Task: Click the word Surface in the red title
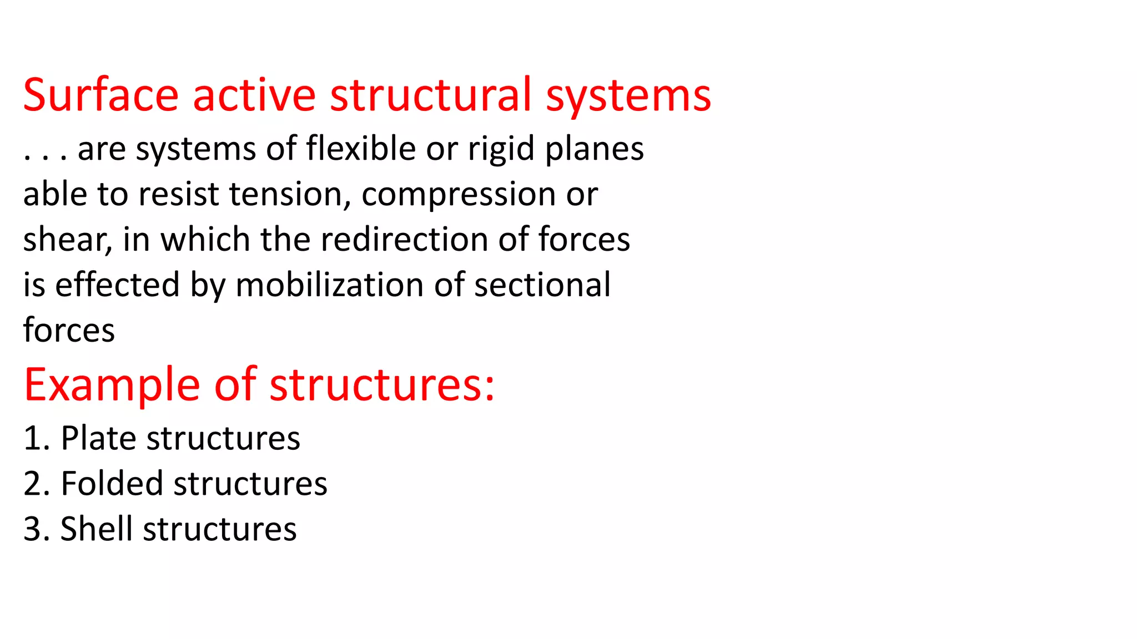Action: tap(100, 95)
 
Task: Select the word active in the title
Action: tap(254, 95)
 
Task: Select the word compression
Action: tap(459, 195)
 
